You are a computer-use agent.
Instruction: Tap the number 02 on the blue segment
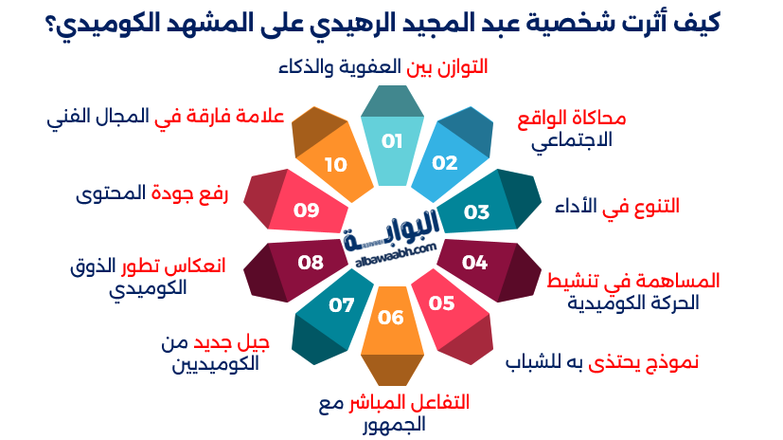(x=444, y=162)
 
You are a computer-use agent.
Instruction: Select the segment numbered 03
(x=476, y=211)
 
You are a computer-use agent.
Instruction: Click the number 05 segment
(x=442, y=303)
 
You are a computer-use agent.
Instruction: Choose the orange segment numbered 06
(x=391, y=317)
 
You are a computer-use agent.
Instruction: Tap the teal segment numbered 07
(x=341, y=305)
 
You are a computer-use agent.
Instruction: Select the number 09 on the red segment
(x=306, y=210)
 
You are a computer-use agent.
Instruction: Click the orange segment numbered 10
(x=335, y=164)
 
